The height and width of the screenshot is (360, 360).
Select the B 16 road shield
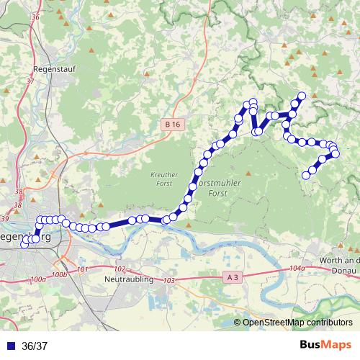171,125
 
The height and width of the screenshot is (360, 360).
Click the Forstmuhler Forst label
213,189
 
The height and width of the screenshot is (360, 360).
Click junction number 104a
296,269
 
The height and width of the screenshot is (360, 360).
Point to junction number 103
170,279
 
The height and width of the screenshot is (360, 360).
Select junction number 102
120,268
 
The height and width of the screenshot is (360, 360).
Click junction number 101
81,269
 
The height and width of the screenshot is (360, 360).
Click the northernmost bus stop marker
302,96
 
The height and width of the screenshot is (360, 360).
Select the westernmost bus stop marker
24,244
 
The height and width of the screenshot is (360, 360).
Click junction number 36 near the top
36,16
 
